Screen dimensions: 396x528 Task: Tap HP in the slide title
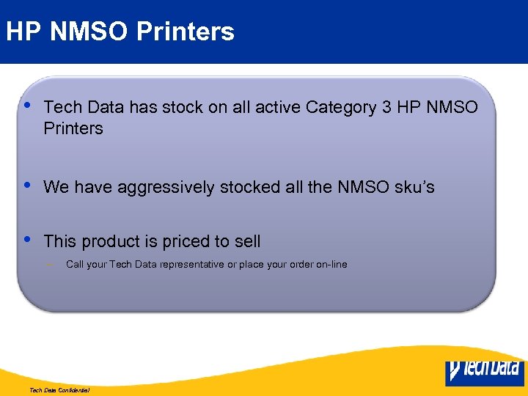click(x=22, y=32)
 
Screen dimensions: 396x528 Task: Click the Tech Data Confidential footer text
click(x=59, y=391)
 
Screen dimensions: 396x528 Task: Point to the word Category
click(x=340, y=108)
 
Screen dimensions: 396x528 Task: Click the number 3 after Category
click(x=386, y=108)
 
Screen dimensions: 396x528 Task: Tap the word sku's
click(x=415, y=188)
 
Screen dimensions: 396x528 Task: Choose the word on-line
click(x=331, y=265)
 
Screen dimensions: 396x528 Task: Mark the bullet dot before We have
click(x=27, y=185)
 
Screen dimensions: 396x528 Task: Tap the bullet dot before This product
click(x=27, y=239)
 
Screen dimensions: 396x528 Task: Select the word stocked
click(x=252, y=188)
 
